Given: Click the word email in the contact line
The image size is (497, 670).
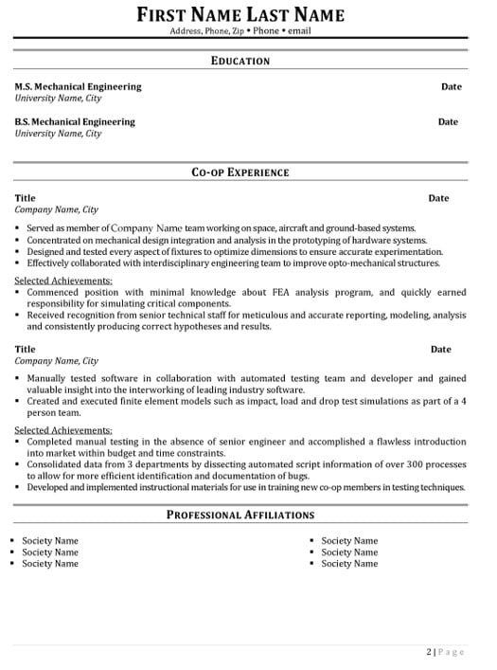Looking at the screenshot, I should [299, 30].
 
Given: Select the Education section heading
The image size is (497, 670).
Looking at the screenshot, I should [240, 61].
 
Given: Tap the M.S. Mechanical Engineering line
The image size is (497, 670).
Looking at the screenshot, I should [78, 86].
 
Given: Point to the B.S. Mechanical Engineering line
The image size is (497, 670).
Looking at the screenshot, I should [75, 121].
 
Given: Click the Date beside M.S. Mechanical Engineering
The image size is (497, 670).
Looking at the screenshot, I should [451, 86].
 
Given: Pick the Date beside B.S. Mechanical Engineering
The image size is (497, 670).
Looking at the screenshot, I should [448, 121].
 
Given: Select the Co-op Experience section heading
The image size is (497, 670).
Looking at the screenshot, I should [240, 172].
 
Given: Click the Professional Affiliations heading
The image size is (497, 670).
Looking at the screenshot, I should [240, 515].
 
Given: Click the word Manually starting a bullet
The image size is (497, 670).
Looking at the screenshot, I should [49, 378].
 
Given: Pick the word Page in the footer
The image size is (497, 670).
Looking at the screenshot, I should [451, 651].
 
